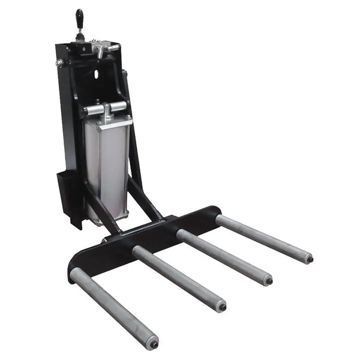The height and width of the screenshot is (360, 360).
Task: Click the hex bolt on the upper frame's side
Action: point(60,62)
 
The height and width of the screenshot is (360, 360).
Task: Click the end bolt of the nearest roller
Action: point(154,344)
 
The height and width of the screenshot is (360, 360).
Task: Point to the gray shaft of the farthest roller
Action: point(264,238)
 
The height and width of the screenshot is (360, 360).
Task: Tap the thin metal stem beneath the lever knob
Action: point(80,33)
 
